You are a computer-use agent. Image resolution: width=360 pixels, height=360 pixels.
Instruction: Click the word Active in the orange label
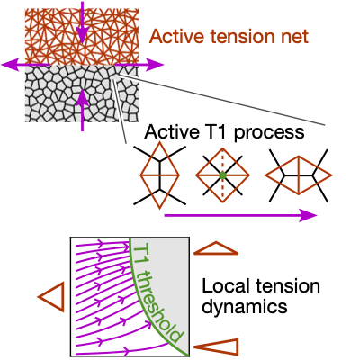[172, 37]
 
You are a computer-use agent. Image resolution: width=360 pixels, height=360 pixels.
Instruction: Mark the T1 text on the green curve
[140, 253]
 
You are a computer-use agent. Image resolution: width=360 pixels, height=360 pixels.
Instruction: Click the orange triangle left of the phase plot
[51, 295]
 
